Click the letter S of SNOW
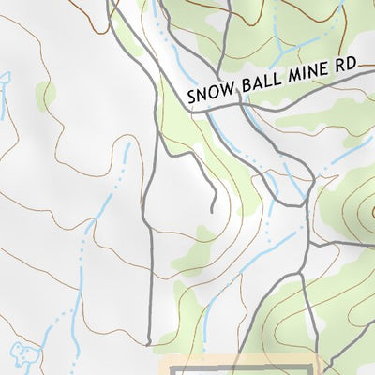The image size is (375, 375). click(x=190, y=97)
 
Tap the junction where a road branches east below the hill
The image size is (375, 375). click(x=309, y=245)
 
